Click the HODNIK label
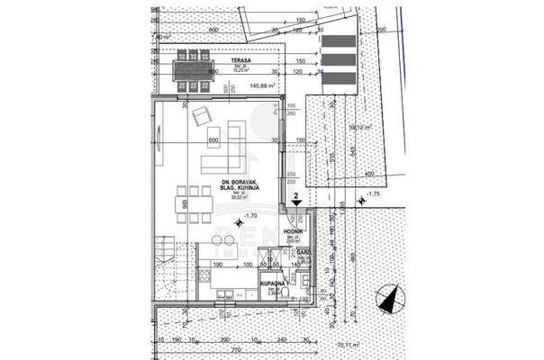coord(293,231)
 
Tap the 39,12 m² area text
coord(360,127)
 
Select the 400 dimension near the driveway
coord(368,173)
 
